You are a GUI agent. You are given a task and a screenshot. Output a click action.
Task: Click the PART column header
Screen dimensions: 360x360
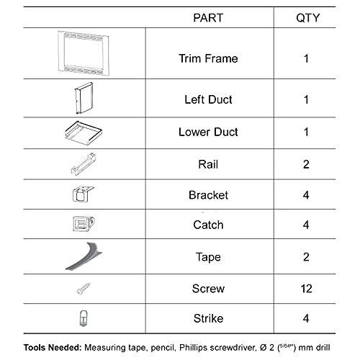(x=204, y=18)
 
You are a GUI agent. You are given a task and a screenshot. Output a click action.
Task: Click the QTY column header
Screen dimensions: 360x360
(x=307, y=18)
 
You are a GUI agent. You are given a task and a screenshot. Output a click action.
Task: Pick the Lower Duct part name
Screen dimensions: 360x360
(x=208, y=132)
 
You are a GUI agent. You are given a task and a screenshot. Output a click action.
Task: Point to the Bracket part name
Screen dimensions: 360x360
(x=208, y=195)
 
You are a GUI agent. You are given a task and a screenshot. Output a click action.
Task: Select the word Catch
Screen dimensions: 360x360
(x=208, y=225)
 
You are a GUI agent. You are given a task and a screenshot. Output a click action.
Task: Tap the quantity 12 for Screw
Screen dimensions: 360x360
(x=306, y=289)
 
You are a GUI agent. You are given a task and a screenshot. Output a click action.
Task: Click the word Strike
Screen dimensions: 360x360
(x=208, y=318)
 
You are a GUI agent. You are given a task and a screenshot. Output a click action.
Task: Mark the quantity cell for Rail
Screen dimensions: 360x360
(x=306, y=165)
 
